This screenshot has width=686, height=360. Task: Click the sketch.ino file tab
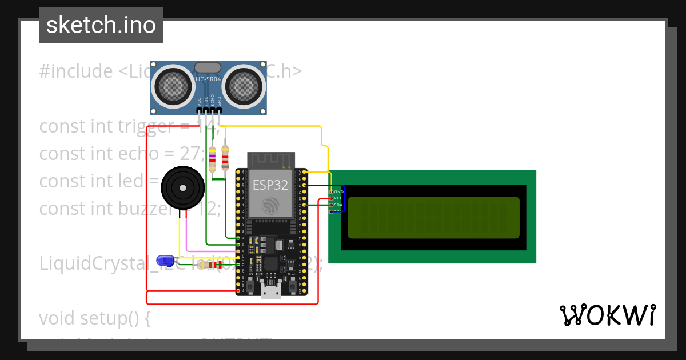click(101, 25)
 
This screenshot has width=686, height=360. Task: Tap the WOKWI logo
click(607, 315)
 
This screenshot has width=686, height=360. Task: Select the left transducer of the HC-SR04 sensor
click(173, 86)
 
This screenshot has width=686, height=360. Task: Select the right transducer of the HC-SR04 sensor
click(244, 86)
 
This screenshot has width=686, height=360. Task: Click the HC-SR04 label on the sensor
click(208, 79)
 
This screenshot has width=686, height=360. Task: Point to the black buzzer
click(182, 187)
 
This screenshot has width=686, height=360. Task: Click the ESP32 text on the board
click(271, 185)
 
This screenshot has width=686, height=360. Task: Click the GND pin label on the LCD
click(338, 191)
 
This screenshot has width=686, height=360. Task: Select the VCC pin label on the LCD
click(338, 198)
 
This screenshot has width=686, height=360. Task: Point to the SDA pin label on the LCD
click(338, 205)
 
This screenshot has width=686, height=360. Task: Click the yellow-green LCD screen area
click(433, 217)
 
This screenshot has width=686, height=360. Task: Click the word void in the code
click(57, 318)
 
